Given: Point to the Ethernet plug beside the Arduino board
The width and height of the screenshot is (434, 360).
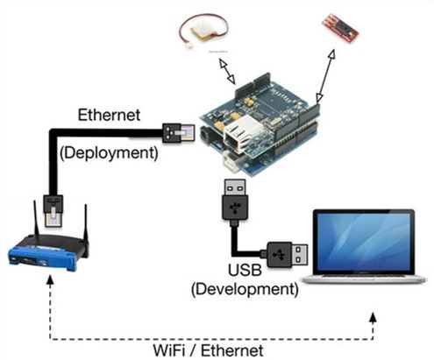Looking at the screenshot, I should coord(172,134).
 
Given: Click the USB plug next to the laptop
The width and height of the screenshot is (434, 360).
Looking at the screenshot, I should coord(287,255).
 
